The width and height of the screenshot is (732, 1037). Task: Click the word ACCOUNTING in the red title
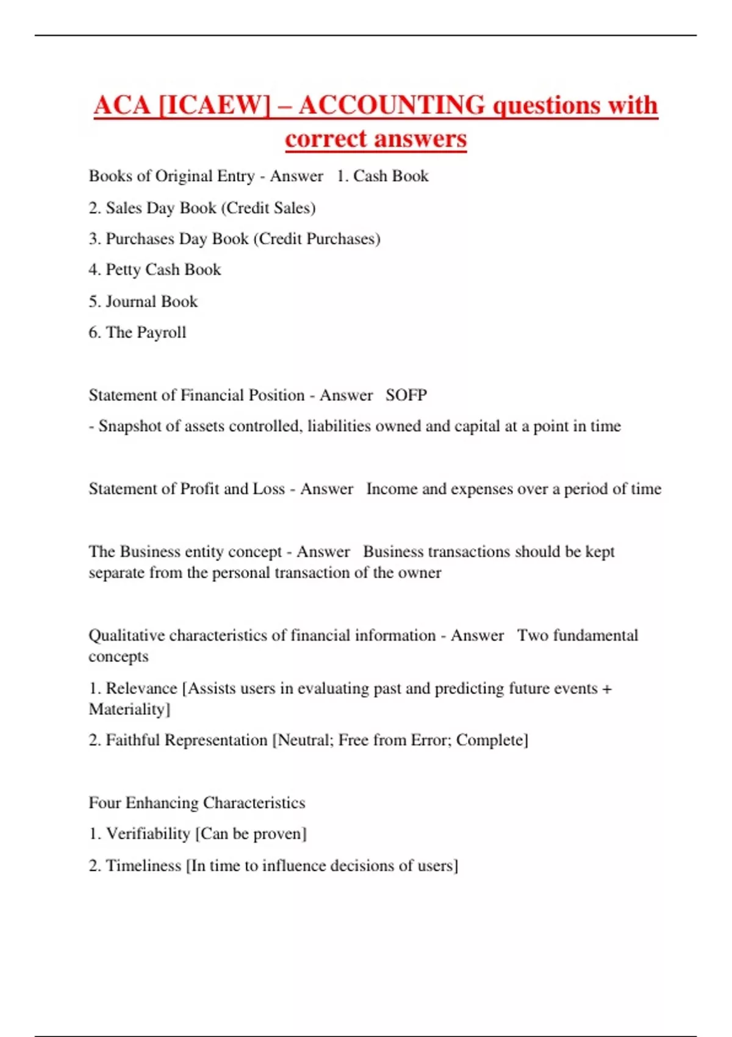coord(392,105)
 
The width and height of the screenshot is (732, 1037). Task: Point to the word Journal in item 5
coord(131,301)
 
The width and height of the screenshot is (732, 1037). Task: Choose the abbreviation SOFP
coord(406,395)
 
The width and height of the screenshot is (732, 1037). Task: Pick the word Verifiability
coord(148,834)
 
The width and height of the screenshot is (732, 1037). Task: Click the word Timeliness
coord(144,866)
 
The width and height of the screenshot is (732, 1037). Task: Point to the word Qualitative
coord(126,636)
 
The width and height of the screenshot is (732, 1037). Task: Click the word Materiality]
coord(129,709)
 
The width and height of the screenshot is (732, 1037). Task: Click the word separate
coord(117,573)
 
